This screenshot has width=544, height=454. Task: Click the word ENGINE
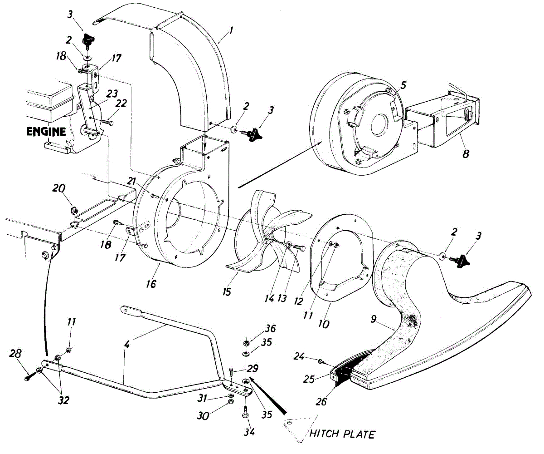click(x=46, y=132)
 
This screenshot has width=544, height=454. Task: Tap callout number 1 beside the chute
click(x=231, y=32)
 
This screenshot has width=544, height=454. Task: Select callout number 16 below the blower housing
click(x=151, y=284)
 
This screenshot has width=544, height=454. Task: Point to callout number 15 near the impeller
click(x=227, y=292)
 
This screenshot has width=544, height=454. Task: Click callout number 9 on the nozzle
click(x=374, y=319)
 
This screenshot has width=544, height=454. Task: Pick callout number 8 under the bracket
click(x=466, y=153)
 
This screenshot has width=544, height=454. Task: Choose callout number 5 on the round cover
click(x=403, y=85)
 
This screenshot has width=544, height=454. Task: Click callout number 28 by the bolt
click(x=15, y=354)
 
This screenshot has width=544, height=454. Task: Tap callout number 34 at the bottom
click(x=249, y=432)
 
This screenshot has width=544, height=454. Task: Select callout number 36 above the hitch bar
click(x=270, y=329)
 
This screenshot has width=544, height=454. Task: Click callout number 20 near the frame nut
click(x=59, y=188)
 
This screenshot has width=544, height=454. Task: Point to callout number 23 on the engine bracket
click(x=112, y=94)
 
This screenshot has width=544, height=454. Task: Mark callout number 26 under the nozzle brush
click(x=321, y=401)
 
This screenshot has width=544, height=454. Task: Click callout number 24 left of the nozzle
click(x=299, y=356)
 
